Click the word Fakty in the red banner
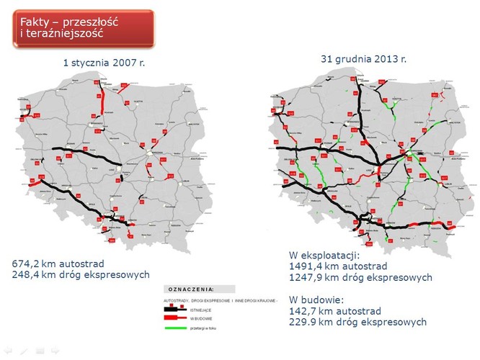[35, 21]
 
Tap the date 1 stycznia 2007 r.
[105, 63]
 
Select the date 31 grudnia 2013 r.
[363, 58]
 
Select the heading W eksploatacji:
[324, 255]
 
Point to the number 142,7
[305, 310]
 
